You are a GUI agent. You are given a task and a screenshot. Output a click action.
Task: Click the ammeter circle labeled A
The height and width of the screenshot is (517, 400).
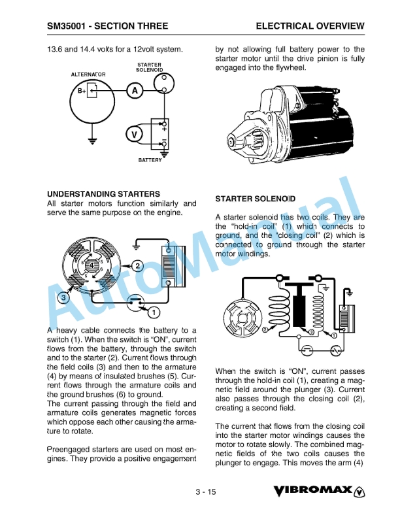point(135,91)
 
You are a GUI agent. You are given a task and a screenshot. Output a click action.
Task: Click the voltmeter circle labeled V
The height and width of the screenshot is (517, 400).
point(135,134)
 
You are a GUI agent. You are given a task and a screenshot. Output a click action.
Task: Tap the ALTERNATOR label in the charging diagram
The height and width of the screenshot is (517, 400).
point(88,75)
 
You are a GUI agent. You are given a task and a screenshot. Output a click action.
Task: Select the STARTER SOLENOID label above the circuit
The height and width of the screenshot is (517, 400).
point(149,67)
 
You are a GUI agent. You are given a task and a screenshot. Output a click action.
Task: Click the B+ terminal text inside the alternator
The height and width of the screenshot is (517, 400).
point(82,91)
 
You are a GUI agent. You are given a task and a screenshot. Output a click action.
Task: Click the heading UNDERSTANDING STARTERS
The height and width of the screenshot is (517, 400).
point(103,194)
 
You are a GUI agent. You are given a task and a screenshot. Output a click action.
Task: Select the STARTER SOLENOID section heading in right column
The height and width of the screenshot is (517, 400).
point(255,198)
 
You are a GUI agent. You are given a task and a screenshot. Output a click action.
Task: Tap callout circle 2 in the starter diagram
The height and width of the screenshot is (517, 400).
point(137,265)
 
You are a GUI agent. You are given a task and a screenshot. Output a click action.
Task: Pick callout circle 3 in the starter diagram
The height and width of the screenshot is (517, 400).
point(63,298)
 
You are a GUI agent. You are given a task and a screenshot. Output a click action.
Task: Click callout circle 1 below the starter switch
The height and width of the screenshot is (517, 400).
point(154,310)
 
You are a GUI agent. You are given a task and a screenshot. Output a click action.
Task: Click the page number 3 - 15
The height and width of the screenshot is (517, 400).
point(205,492)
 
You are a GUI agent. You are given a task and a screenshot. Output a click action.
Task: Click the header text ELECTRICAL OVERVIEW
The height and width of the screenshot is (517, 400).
point(310,26)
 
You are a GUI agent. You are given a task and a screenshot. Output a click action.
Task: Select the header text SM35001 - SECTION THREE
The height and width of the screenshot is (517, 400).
point(107,26)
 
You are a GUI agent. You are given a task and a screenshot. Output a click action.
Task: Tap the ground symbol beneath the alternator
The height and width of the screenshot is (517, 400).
point(93,141)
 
